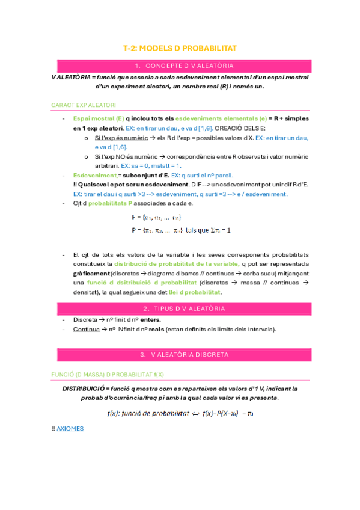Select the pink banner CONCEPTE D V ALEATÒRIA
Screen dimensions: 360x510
click(x=184, y=66)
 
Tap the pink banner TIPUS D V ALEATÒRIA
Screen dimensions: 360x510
click(x=184, y=309)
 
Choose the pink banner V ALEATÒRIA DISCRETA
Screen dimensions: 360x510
click(x=184, y=354)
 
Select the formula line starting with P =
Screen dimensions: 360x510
click(x=180, y=230)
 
